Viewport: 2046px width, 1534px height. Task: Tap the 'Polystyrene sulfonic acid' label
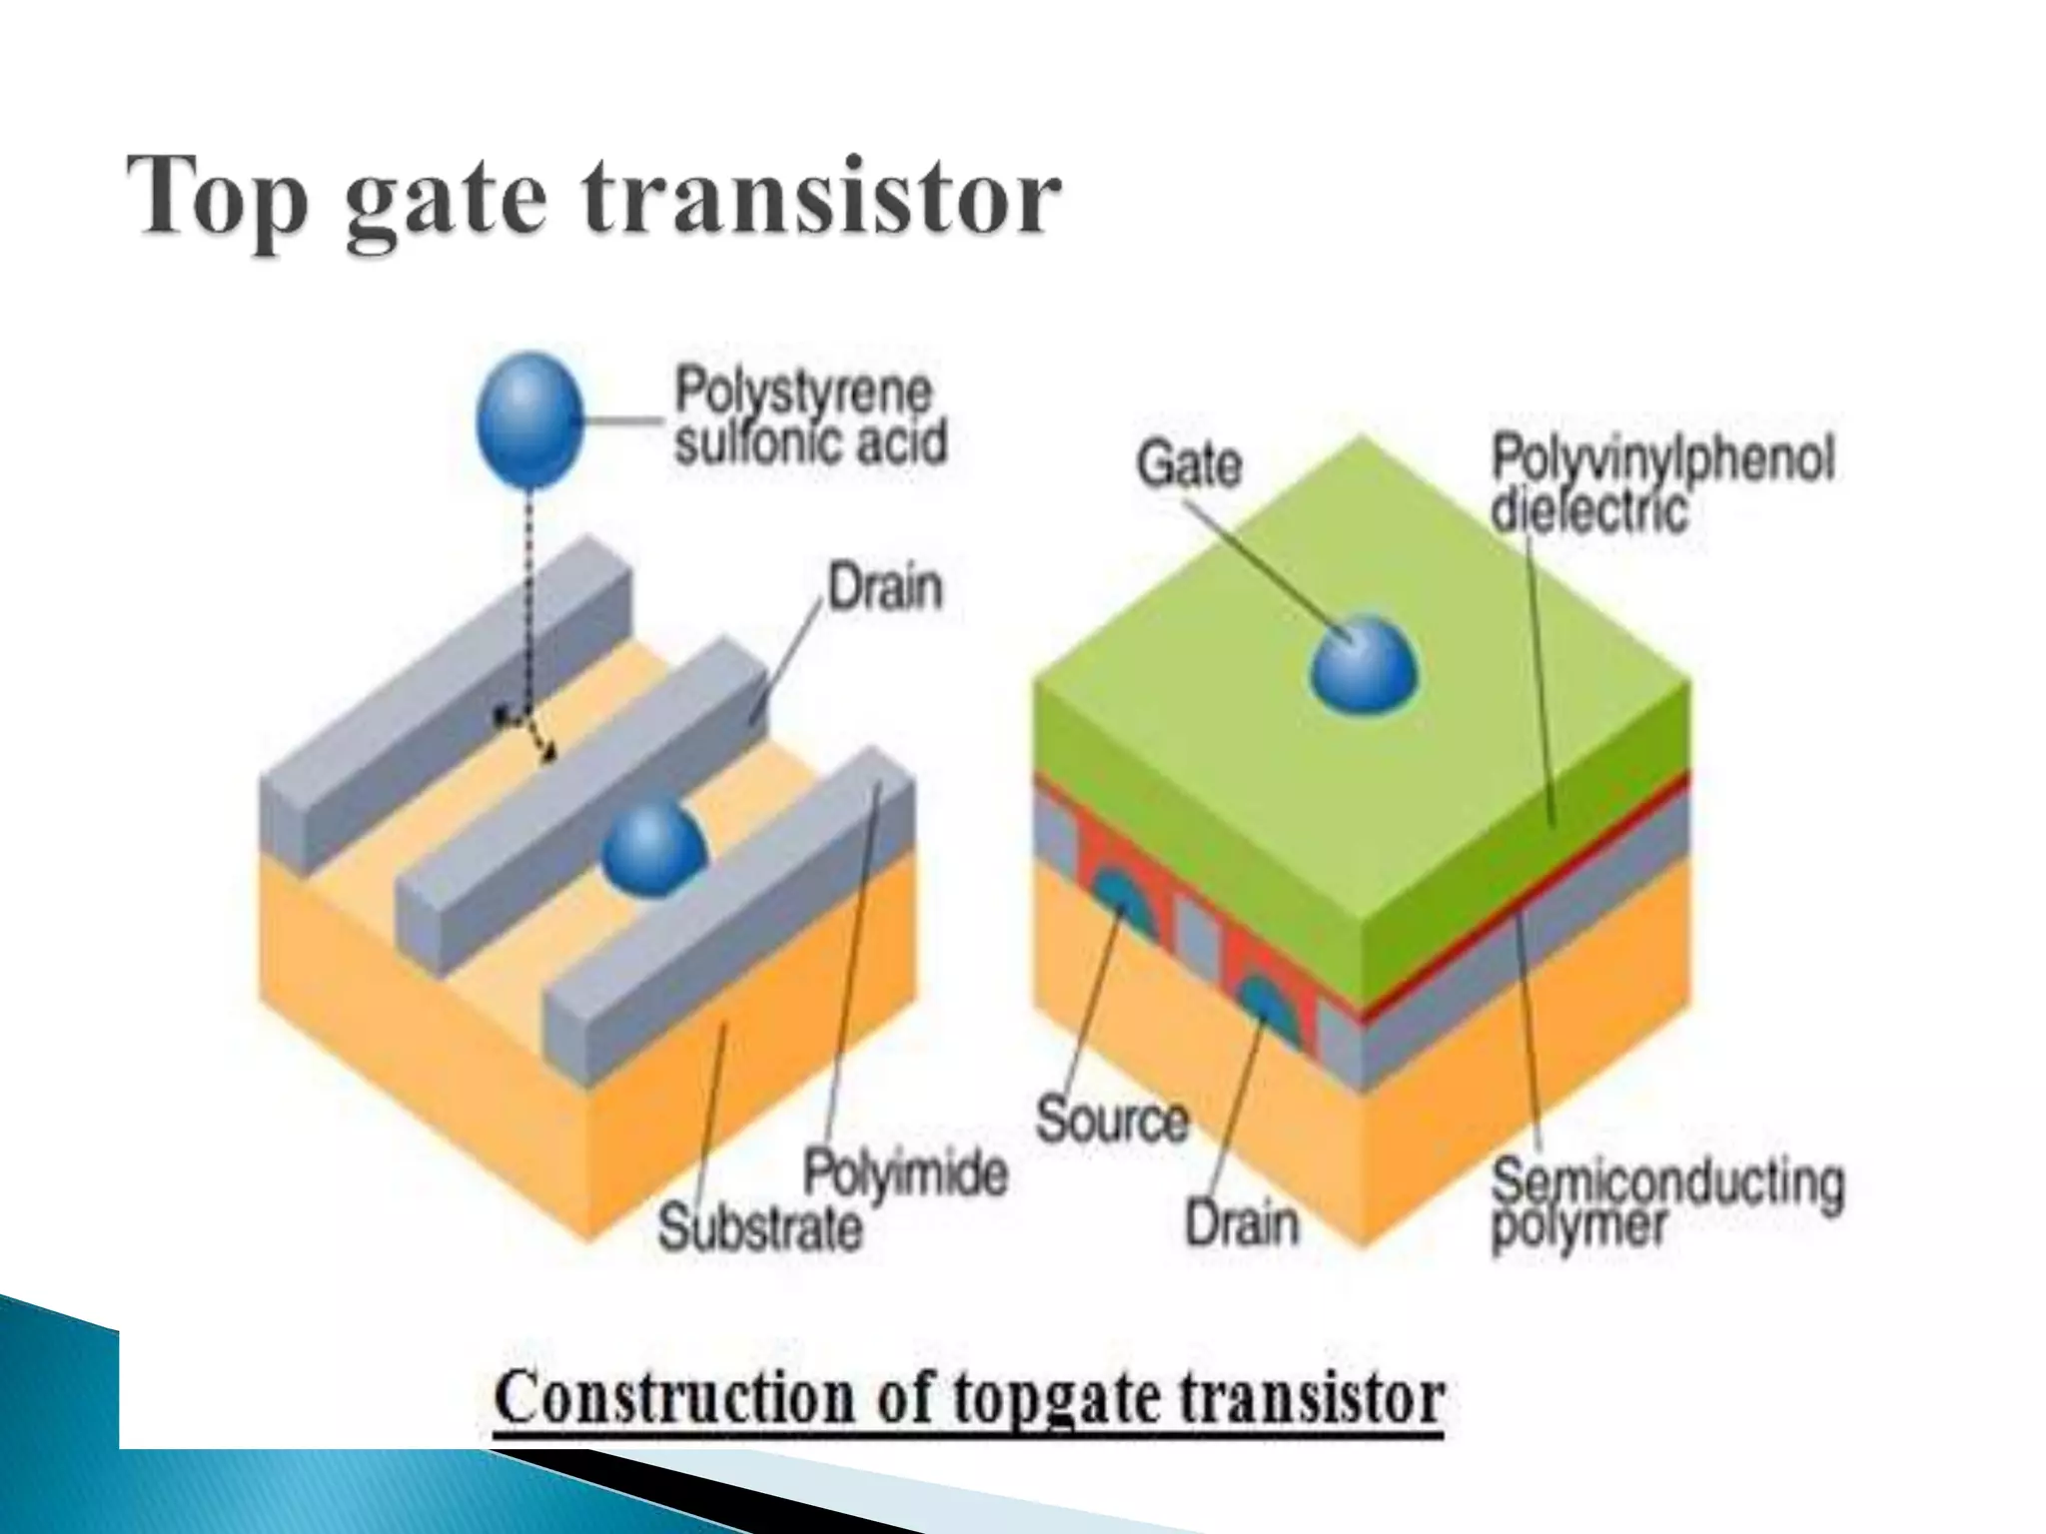(809, 417)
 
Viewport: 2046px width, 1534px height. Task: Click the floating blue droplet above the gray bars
(529, 419)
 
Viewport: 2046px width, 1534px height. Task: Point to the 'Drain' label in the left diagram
(885, 587)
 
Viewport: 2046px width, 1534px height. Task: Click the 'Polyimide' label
(905, 1172)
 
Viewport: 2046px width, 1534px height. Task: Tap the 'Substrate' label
(759, 1227)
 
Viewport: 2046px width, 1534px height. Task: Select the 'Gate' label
(1189, 464)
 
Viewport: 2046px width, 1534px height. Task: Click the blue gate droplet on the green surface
(1364, 665)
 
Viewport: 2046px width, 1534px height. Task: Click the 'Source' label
(1111, 1119)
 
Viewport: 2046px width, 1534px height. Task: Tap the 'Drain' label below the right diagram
(1242, 1222)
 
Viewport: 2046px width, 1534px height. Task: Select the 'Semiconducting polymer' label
(1666, 1203)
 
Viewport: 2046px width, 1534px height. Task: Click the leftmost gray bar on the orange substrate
(440, 699)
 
